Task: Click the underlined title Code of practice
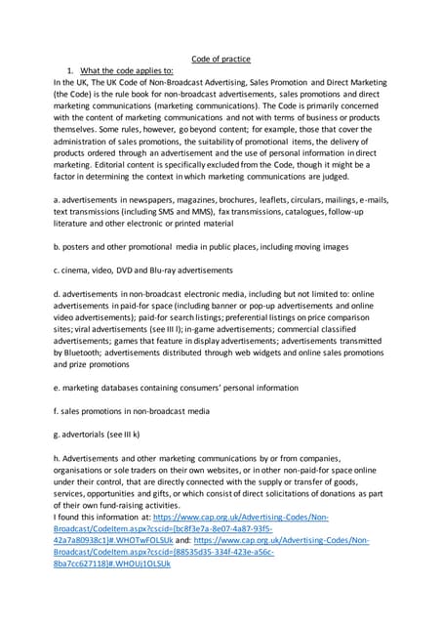coord(221,59)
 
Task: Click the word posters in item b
coord(79,248)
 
